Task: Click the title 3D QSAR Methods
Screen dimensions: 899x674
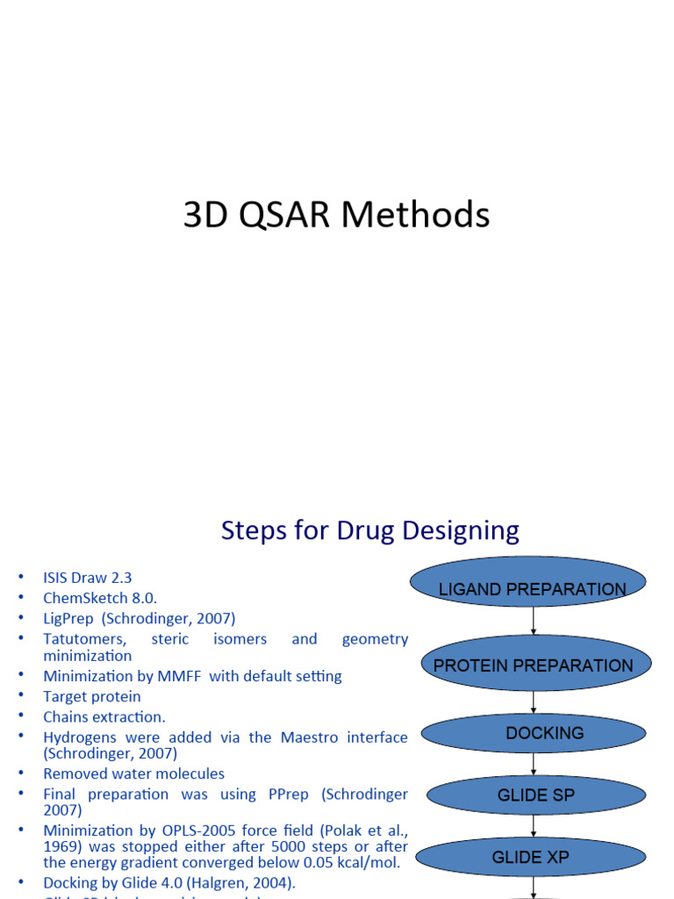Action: (336, 215)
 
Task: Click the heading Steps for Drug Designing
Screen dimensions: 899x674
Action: (369, 530)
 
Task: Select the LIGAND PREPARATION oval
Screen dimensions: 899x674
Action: (532, 589)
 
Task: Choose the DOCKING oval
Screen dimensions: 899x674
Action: (534, 733)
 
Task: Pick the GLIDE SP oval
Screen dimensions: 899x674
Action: (534, 795)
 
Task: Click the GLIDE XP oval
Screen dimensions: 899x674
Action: (534, 858)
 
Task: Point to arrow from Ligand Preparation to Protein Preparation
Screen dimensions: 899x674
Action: (534, 622)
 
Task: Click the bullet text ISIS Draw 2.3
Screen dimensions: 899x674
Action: (88, 578)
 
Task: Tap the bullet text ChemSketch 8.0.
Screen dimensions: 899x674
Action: (100, 598)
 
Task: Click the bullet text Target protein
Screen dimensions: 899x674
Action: (92, 696)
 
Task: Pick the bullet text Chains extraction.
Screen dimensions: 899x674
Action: (104, 716)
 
